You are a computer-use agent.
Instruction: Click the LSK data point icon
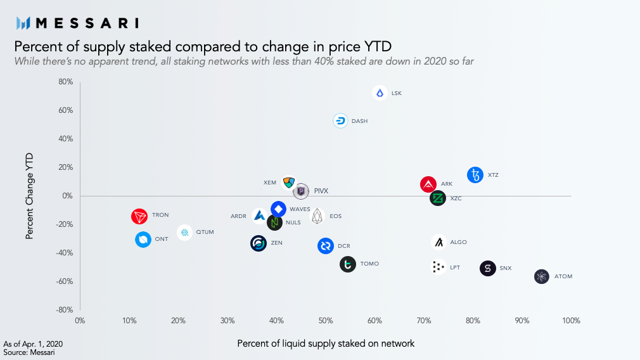[380, 93]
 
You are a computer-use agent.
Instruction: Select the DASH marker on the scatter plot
[341, 121]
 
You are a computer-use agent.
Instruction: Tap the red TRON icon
[139, 216]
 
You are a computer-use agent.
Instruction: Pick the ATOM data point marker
[541, 276]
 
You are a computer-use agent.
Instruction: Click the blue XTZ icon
[475, 175]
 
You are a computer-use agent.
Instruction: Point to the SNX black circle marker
[487, 268]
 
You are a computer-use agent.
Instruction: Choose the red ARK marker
[428, 184]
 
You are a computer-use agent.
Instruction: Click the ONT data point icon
[143, 240]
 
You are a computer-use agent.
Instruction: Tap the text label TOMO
[369, 264]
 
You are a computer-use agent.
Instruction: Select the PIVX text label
[321, 191]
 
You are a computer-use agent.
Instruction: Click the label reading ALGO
[458, 242]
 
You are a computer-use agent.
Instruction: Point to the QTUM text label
[205, 232]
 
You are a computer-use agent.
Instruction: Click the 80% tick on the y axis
[66, 82]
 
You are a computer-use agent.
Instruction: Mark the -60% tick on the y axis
[65, 281]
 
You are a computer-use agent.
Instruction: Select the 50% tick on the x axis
[326, 321]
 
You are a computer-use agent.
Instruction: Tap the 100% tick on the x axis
[570, 321]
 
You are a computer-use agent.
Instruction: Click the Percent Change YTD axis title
[30, 195]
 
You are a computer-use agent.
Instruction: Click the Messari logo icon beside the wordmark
[23, 23]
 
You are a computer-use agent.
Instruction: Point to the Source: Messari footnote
[29, 352]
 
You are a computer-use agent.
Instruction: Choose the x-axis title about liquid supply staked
[326, 344]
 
